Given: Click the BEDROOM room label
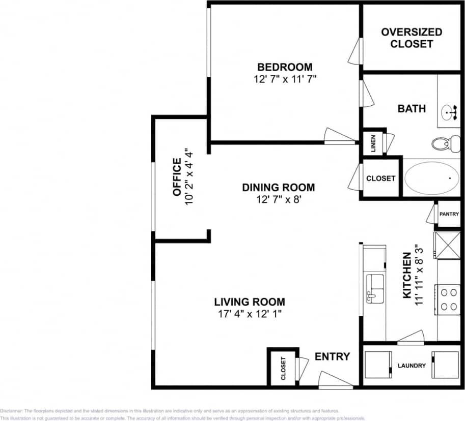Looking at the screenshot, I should (284, 67).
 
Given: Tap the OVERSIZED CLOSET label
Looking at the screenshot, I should (412, 38).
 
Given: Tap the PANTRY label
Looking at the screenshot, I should (449, 214).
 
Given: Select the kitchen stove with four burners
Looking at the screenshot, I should (448, 299).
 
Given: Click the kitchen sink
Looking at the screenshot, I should (375, 288).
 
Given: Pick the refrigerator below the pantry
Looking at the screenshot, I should (446, 245).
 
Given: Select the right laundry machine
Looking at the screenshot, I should (446, 365).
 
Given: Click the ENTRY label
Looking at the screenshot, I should (332, 356).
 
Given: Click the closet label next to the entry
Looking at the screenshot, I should (283, 369).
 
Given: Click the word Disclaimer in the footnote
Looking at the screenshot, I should (11, 411).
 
